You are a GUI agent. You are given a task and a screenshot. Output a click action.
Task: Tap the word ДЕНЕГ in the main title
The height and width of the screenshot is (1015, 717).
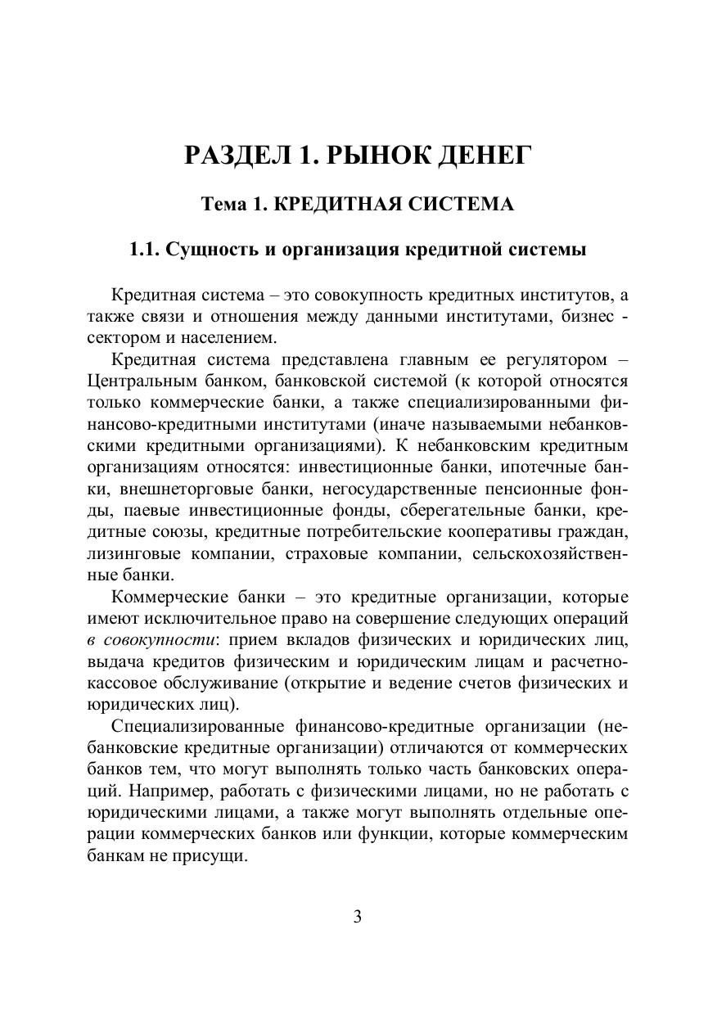(x=485, y=154)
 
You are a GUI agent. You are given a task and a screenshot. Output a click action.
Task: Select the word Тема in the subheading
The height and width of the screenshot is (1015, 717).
(x=225, y=204)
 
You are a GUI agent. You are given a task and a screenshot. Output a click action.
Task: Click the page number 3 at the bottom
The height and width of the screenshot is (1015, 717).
(x=358, y=916)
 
